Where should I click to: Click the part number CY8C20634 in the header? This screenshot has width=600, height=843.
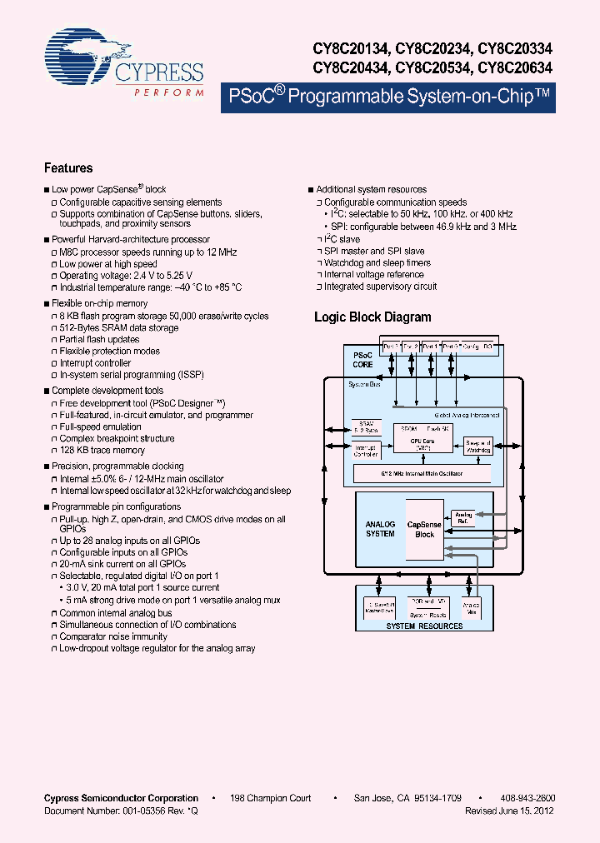tap(510, 67)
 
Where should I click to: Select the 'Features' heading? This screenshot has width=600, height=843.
tap(68, 168)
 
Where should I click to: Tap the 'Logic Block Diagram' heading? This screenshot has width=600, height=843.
tap(372, 317)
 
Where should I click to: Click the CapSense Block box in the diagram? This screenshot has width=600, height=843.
tap(425, 529)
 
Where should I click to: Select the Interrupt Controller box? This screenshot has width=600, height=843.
tap(366, 451)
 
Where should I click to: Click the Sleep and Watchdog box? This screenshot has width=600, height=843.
tap(478, 446)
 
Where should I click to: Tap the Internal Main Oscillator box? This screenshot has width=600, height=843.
tap(422, 473)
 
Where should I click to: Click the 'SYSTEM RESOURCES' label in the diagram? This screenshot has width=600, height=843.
tap(424, 626)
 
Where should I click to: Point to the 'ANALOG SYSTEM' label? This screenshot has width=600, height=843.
tap(380, 529)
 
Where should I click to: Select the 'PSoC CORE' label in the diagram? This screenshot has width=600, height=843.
tap(363, 360)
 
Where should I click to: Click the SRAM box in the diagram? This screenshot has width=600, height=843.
tap(367, 426)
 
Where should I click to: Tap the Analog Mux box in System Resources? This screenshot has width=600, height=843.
tap(471, 606)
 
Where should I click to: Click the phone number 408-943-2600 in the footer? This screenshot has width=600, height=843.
tap(528, 798)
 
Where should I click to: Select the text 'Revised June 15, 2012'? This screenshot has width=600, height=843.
tap(509, 811)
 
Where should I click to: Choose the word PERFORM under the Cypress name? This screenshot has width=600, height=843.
tap(169, 92)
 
